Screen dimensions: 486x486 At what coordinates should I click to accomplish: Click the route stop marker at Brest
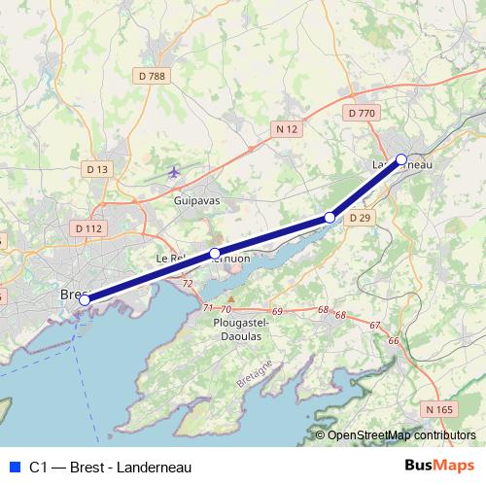pyautogui.click(x=85, y=300)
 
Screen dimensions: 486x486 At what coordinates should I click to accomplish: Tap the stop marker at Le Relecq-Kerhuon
pyautogui.click(x=215, y=255)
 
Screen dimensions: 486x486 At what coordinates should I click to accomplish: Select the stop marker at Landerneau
pyautogui.click(x=401, y=159)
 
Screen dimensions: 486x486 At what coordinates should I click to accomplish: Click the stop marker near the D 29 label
pyautogui.click(x=330, y=218)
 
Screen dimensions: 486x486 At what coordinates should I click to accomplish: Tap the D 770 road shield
pyautogui.click(x=361, y=114)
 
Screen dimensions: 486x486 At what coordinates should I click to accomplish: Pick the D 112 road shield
pyautogui.click(x=87, y=228)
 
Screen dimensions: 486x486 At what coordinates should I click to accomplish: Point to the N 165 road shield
pyautogui.click(x=438, y=410)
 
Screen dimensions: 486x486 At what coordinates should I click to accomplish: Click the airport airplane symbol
pyautogui.click(x=174, y=173)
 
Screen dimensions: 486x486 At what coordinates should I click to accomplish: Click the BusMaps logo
pyautogui.click(x=438, y=467)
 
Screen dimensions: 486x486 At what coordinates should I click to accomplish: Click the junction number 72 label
pyautogui.click(x=187, y=283)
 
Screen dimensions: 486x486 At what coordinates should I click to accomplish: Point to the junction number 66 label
pyautogui.click(x=394, y=340)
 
